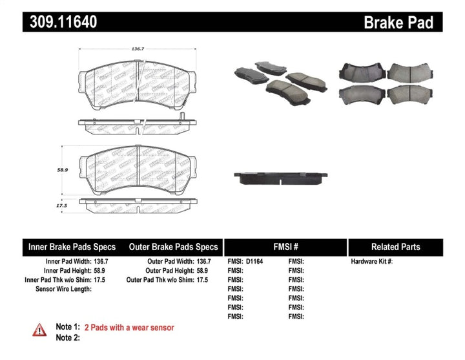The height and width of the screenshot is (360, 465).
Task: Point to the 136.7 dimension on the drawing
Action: (x=137, y=48)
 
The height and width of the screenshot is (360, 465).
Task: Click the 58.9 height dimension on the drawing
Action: (x=63, y=169)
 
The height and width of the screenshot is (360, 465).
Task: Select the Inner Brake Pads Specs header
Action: (x=72, y=247)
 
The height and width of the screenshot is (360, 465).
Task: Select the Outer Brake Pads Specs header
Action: (x=173, y=247)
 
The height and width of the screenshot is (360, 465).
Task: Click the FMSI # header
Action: (x=285, y=247)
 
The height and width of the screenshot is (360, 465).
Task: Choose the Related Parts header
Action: (x=395, y=247)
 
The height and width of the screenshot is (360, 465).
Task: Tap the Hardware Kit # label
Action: (x=371, y=262)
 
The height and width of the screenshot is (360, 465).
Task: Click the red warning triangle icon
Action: (x=39, y=330)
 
